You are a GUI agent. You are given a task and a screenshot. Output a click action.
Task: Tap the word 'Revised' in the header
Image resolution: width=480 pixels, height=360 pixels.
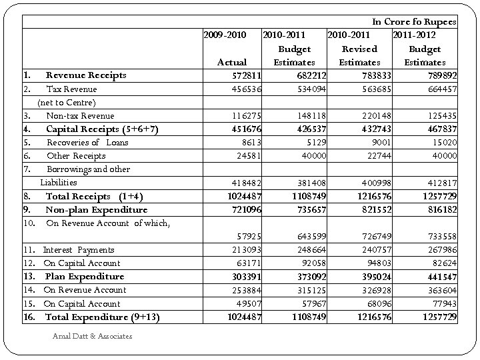coord(359,49)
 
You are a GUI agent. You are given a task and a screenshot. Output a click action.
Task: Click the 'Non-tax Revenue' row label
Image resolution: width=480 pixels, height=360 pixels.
coord(80,116)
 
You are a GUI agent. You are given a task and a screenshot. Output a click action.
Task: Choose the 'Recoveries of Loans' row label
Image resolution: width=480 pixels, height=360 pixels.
coord(87,142)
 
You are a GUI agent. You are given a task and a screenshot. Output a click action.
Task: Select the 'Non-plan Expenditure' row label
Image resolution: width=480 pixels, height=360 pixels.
coord(96,210)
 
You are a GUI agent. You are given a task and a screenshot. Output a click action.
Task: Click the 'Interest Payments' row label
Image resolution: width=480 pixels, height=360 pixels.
coord(79,250)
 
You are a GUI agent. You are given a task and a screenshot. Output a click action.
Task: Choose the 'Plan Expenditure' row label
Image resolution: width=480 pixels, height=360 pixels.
coord(84,277)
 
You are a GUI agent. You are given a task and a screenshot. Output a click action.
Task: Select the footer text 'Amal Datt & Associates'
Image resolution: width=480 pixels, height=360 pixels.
coord(92,336)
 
